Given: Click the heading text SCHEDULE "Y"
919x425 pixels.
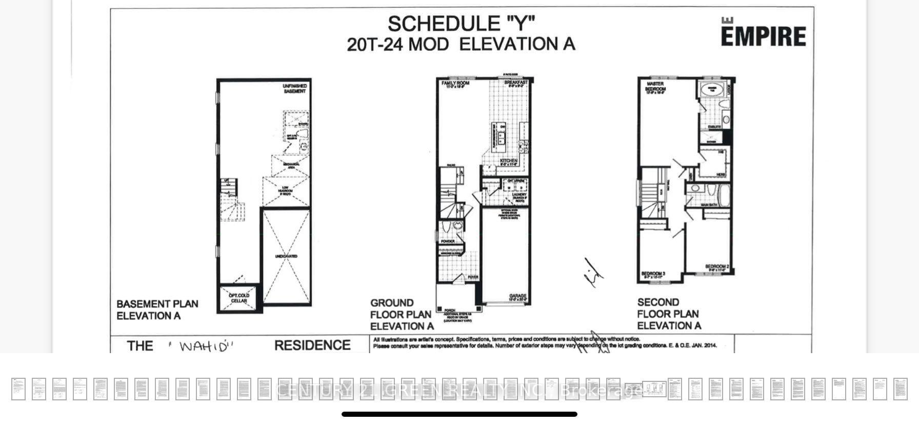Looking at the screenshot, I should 461,24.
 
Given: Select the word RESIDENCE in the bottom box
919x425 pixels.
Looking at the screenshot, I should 312,345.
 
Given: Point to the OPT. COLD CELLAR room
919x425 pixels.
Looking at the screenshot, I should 239,298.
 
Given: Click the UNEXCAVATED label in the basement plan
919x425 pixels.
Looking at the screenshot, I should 286,256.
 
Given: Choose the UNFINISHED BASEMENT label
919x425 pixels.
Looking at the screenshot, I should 295,89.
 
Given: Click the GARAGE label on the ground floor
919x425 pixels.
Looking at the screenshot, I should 517,297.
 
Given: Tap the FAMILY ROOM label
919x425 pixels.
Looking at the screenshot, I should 455,83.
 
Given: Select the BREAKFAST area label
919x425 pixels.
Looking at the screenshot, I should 515,83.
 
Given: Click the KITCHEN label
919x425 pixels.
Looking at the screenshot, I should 508,161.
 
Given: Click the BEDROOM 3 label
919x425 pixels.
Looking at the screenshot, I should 653,274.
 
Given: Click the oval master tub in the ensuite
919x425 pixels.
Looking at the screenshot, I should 712,89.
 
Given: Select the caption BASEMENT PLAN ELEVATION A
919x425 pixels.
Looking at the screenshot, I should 157,310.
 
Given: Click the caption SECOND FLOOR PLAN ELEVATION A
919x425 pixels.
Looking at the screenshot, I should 668,314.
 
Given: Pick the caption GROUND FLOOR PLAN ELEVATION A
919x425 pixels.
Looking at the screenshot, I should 401,314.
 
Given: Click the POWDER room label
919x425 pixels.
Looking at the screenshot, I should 448,241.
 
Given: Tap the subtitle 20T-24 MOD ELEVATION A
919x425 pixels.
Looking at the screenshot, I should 461,45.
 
